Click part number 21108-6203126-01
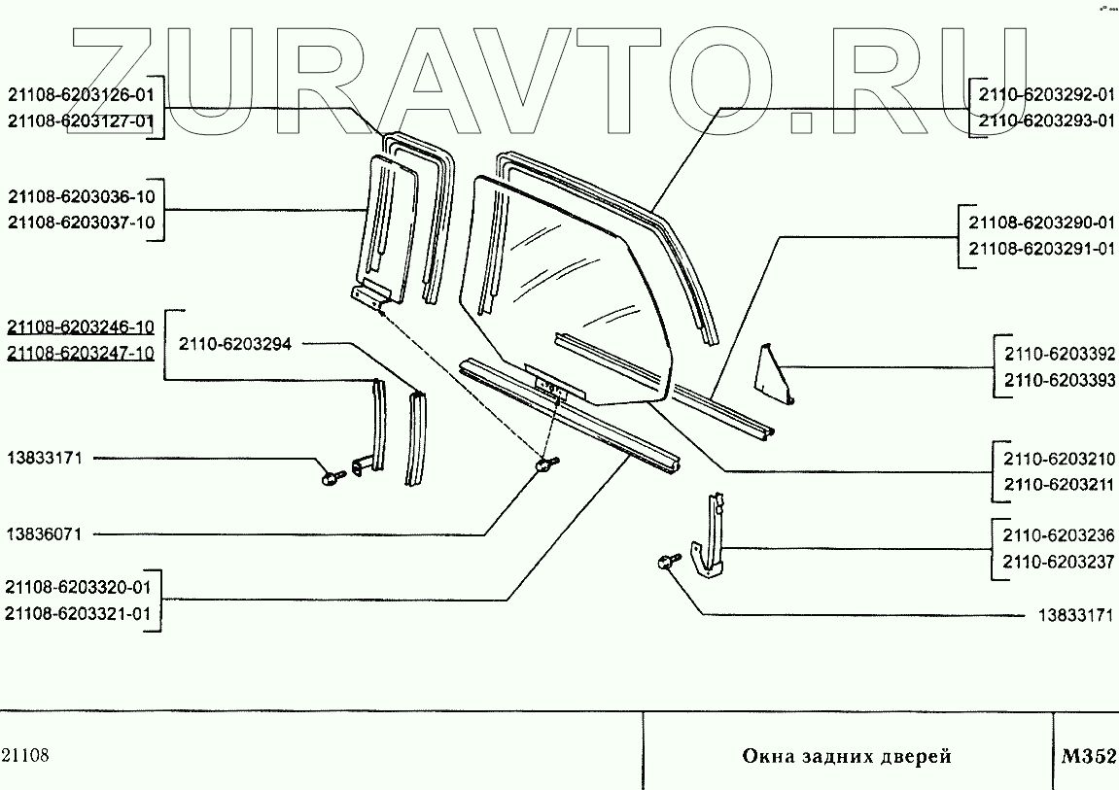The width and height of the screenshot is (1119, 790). coord(81,95)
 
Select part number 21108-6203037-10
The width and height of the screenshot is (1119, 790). coord(81,222)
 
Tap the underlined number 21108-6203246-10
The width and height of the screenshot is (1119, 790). coord(81,327)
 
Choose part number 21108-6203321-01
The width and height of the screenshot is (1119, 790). coord(79,613)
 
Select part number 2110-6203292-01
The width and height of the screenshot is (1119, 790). coord(1045,95)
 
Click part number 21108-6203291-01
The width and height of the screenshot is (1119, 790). coord(1041,249)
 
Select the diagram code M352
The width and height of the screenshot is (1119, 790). coord(1088,756)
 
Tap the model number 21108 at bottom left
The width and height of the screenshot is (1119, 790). coord(26,756)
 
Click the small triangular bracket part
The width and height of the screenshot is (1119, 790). coord(775,374)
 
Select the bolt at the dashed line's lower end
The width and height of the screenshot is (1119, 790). coord(544,466)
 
